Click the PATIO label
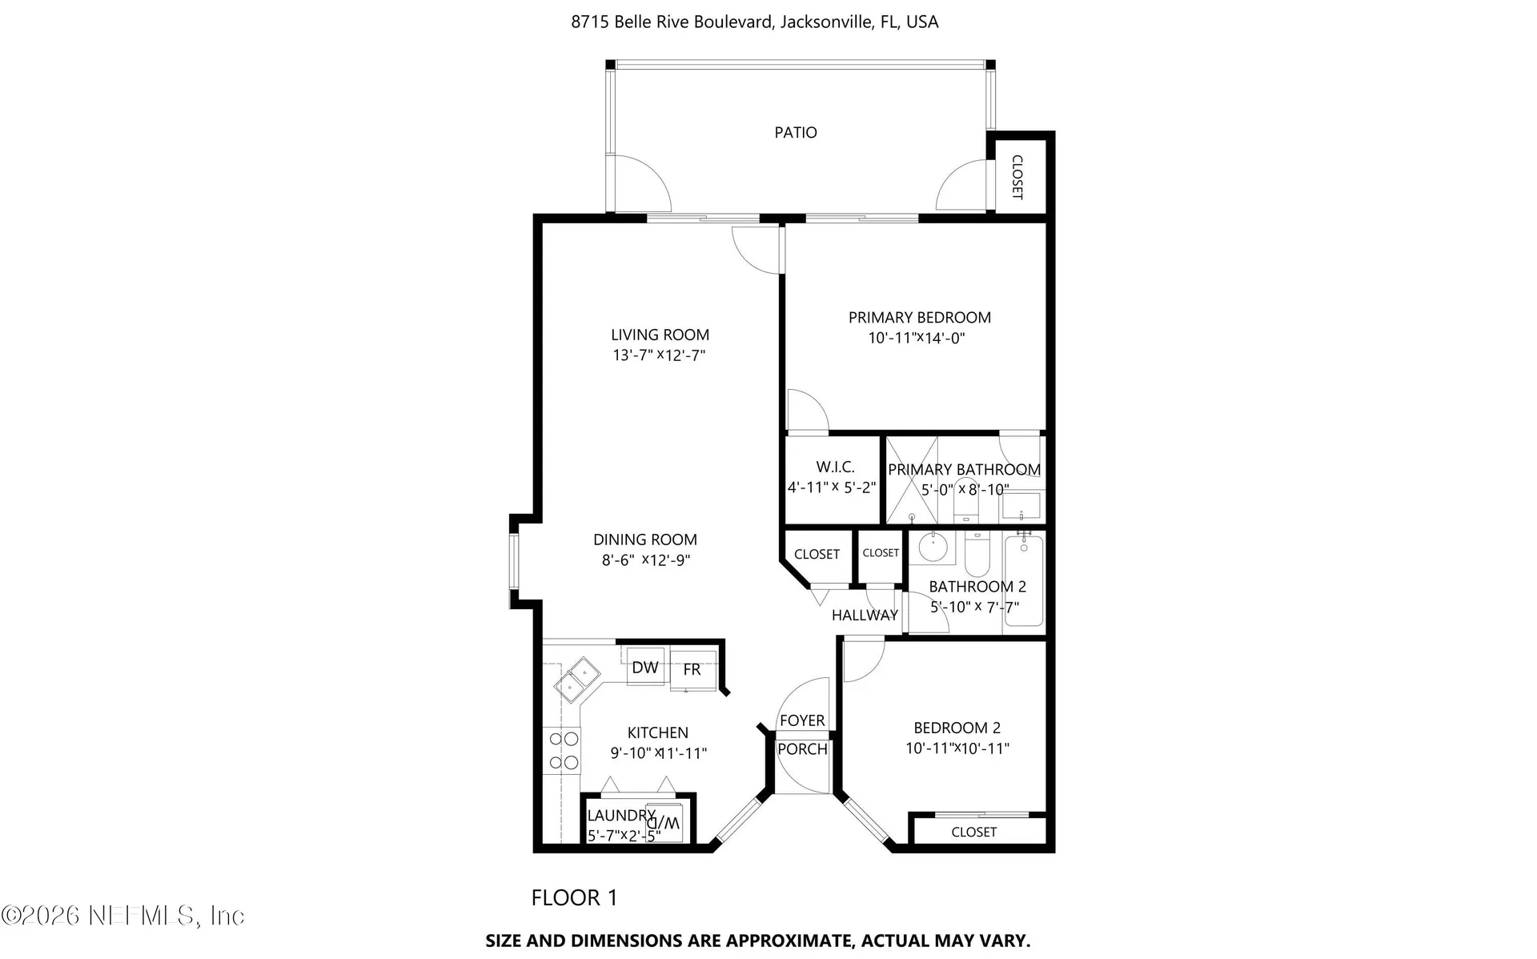coord(796,133)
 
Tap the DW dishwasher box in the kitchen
coord(645,667)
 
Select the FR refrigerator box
coord(692,669)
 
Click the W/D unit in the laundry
coord(664,821)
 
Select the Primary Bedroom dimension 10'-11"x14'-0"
coord(917,338)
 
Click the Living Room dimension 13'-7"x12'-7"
coord(659,355)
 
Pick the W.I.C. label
coord(836,467)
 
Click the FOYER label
coord(802,720)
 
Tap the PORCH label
coord(803,749)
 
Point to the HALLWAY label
coord(865,615)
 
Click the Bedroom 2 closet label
coord(974,833)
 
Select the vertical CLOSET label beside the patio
coord(1017,177)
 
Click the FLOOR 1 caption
coord(575,898)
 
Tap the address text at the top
coord(755,22)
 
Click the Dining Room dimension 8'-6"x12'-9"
coord(646,560)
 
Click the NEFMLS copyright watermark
coord(122,915)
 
